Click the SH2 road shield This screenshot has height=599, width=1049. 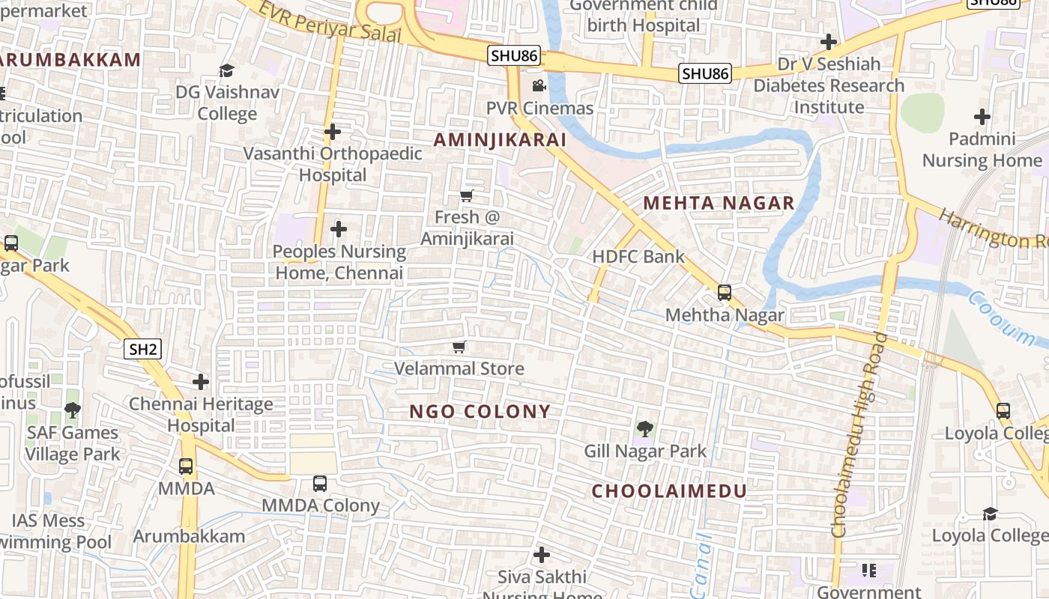tap(142, 349)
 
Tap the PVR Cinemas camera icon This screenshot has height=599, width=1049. tap(539, 86)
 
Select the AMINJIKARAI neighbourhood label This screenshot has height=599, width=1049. tap(500, 140)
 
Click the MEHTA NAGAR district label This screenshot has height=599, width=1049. tap(719, 203)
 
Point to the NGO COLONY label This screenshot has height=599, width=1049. tap(480, 411)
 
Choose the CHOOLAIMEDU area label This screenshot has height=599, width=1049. tap(669, 491)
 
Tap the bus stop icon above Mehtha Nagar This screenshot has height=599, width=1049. tap(725, 293)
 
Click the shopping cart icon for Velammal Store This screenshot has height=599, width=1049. tap(459, 347)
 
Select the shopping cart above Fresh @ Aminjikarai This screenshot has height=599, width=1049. tap(467, 196)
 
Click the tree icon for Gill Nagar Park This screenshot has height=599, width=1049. tap(644, 429)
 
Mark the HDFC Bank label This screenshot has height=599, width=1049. tap(638, 257)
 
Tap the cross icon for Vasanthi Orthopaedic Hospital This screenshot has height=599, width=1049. tap(333, 133)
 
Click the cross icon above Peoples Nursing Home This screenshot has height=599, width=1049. tap(339, 229)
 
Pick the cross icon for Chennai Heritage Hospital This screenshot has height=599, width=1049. tap(201, 382)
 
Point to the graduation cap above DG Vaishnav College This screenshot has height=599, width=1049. tap(226, 70)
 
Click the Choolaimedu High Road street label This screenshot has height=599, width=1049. tap(859, 434)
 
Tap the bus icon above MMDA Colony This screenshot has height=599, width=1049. tap(320, 484)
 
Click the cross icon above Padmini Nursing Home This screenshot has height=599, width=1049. tap(982, 117)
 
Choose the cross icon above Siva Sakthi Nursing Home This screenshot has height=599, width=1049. tap(542, 556)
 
